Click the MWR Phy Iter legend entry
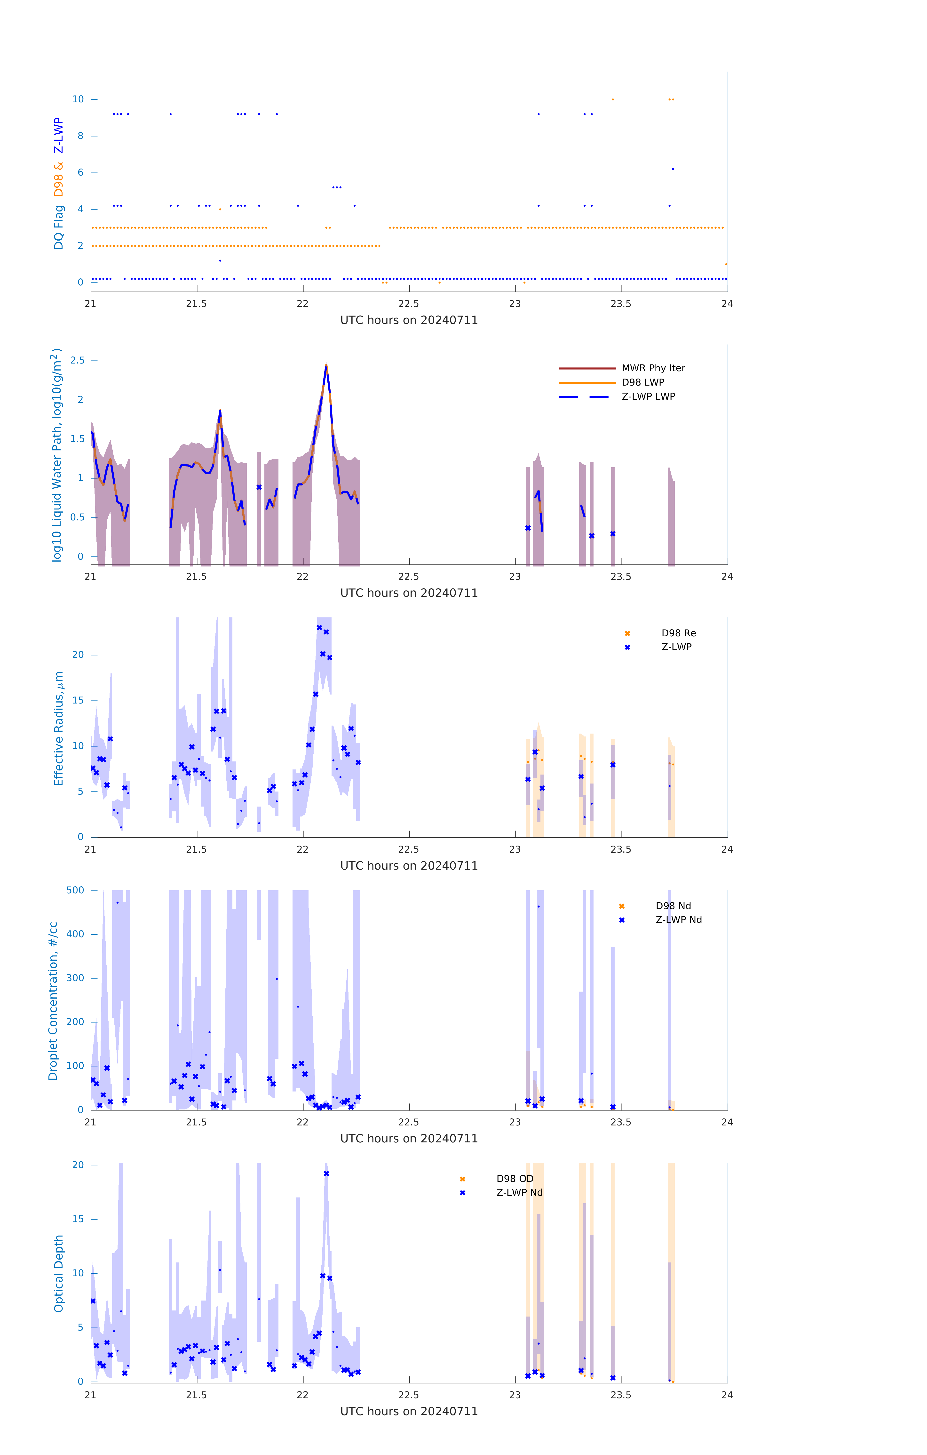click(x=653, y=368)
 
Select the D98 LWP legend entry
click(x=642, y=382)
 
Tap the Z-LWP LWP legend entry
click(x=648, y=396)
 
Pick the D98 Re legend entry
click(x=678, y=633)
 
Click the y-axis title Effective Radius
click(x=59, y=728)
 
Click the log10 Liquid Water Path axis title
click(x=56, y=455)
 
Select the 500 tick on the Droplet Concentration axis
click(x=75, y=890)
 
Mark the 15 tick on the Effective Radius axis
click(x=78, y=700)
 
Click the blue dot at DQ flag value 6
click(x=673, y=169)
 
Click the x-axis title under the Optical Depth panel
click(x=409, y=1412)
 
